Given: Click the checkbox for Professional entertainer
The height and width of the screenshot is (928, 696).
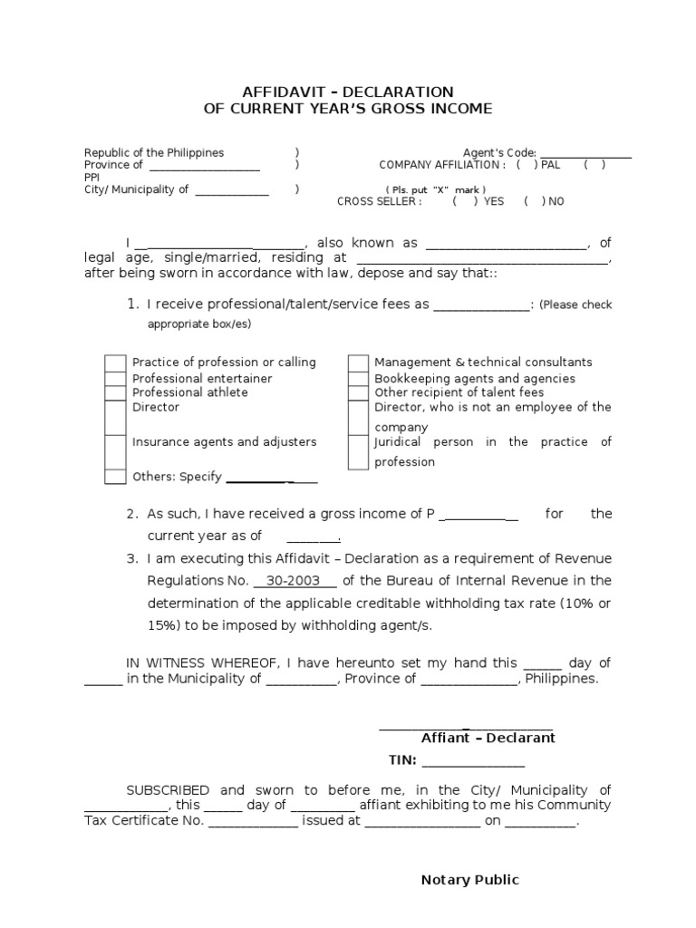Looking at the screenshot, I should coord(115,379).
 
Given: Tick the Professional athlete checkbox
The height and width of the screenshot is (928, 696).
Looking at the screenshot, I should coord(115,393).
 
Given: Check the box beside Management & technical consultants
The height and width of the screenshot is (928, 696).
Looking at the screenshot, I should coord(358,363).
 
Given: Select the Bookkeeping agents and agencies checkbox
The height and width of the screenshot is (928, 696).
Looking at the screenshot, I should coord(358,379).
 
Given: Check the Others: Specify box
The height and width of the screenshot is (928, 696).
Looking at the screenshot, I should coord(115,477).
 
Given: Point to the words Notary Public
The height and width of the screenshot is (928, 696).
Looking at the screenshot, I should coord(469,880).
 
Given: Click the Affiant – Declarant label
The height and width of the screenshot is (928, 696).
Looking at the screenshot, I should coord(488,738).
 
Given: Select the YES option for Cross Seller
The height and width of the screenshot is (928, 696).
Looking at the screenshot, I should coord(463,201).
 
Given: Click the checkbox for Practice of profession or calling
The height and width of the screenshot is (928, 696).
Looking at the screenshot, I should coord(115,363).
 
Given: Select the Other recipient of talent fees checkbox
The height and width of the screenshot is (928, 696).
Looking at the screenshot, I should coord(358,393).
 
